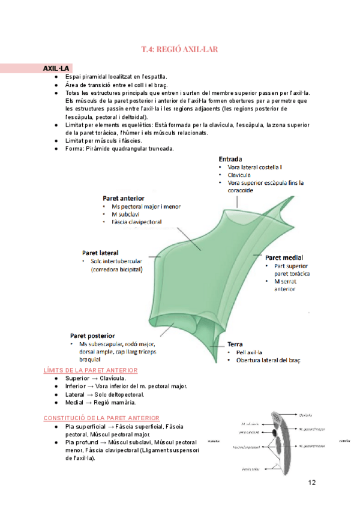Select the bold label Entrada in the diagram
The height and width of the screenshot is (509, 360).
coord(230,158)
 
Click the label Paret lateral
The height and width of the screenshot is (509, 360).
coord(100,253)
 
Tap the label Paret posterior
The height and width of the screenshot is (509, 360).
coord(92,336)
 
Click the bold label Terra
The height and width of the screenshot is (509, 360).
coord(235,344)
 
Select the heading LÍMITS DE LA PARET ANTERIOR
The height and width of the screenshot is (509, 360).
coord(91,370)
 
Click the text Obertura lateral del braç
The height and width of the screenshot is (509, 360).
coord(268,360)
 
